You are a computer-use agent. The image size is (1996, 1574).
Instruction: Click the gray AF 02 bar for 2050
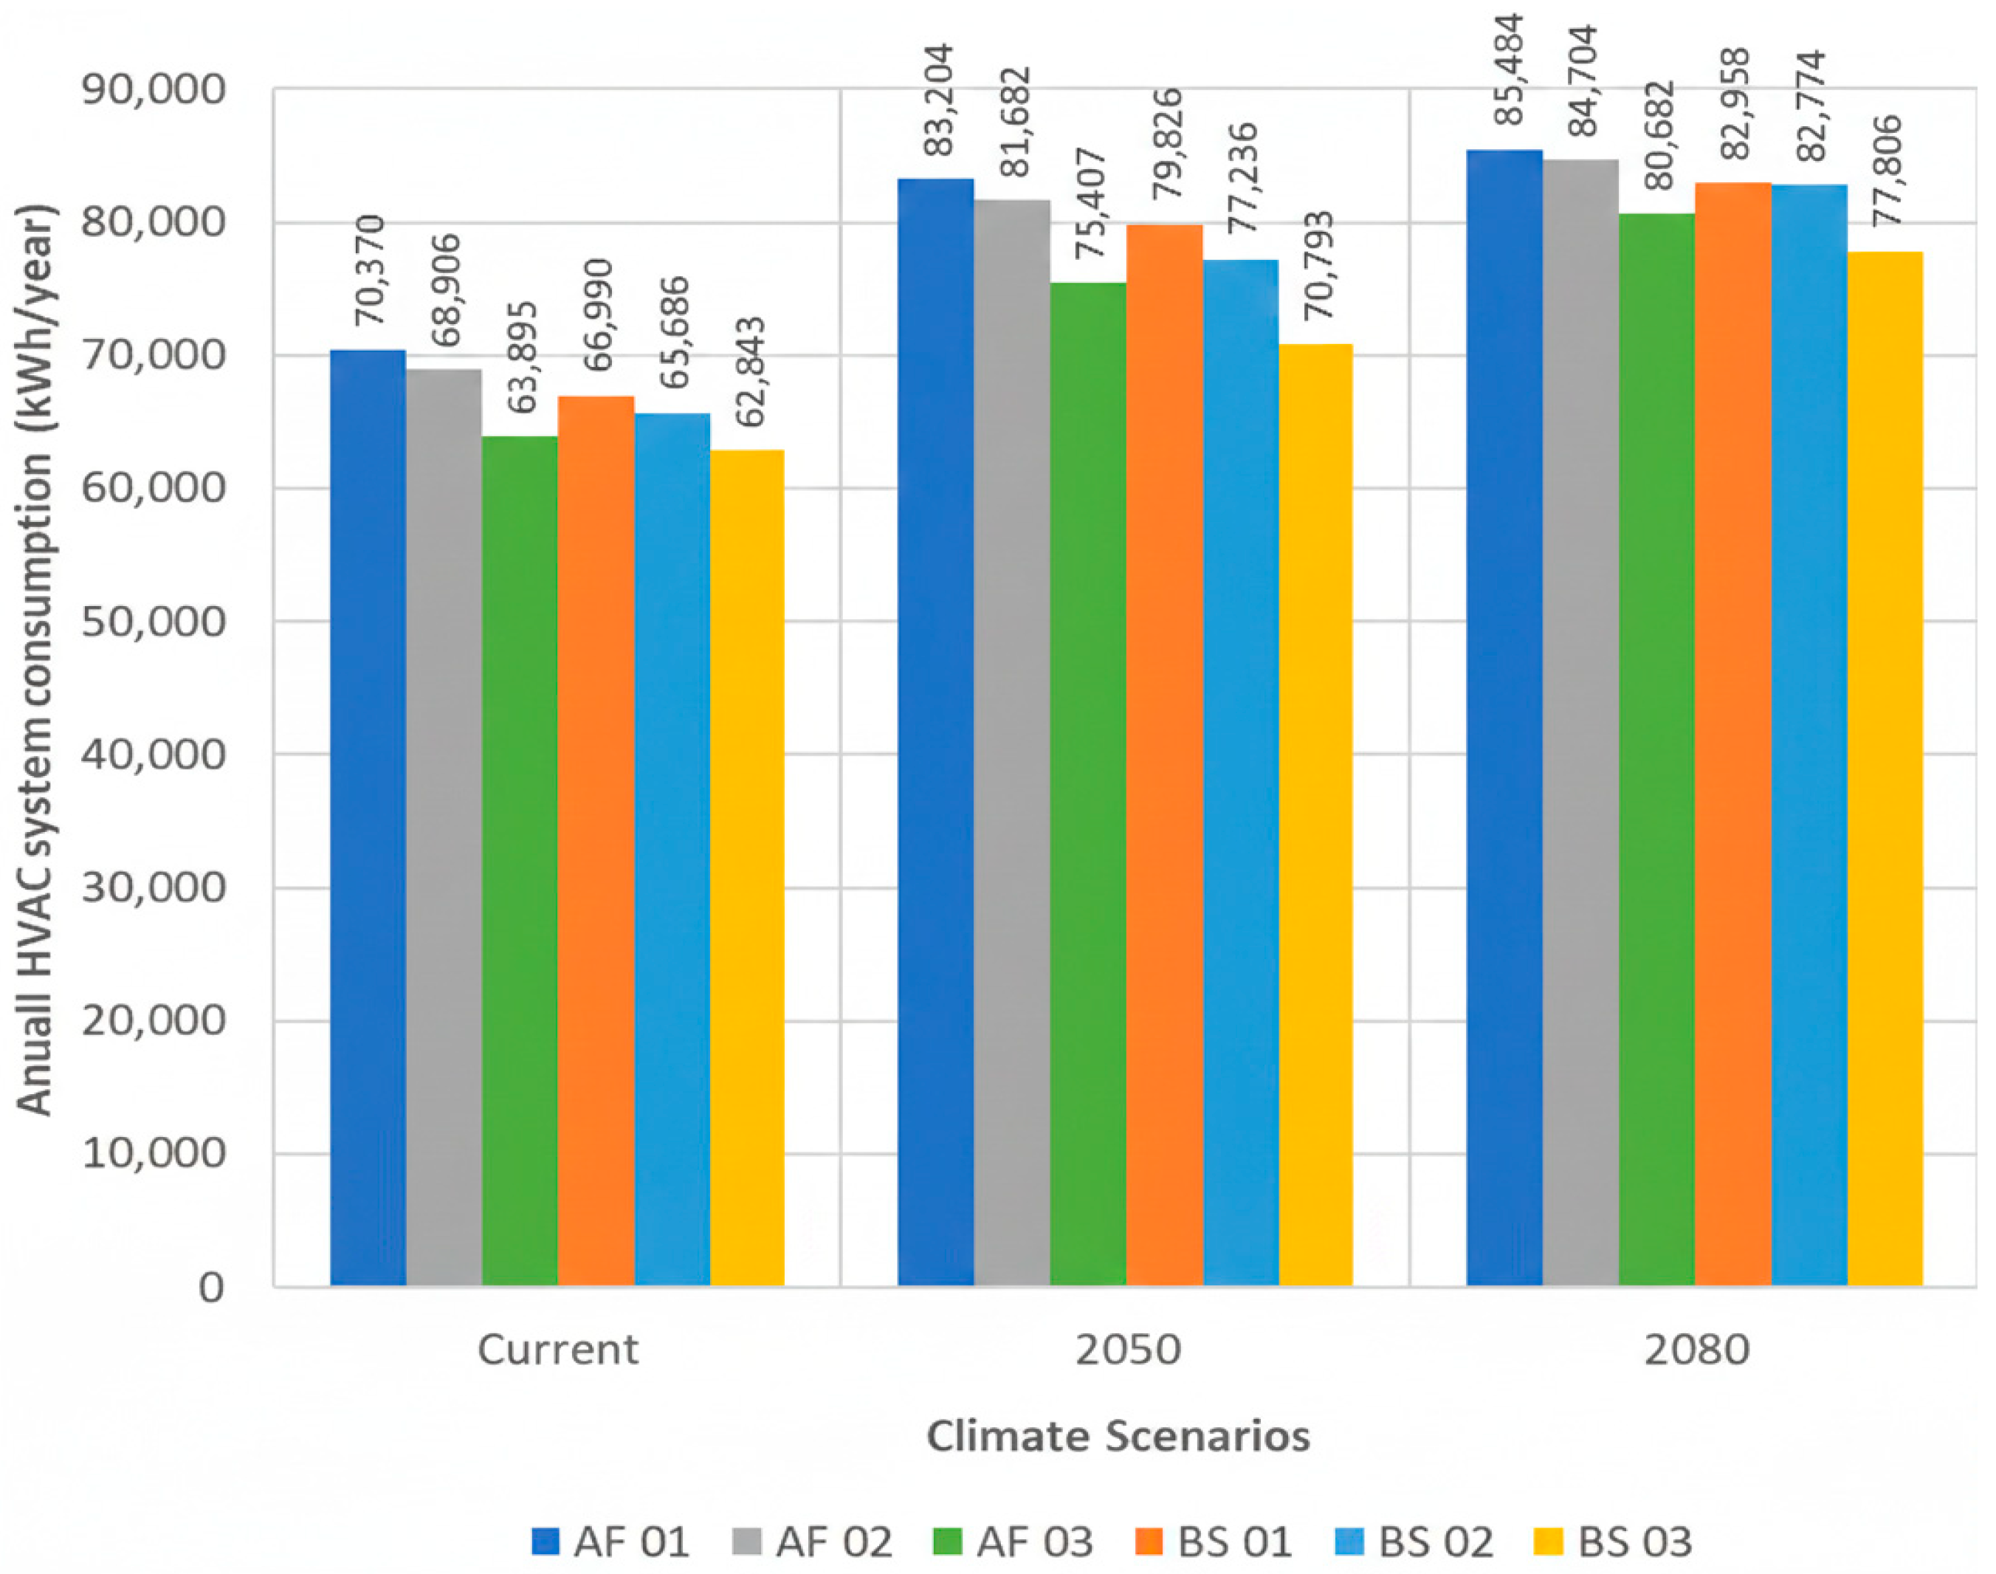click(1012, 743)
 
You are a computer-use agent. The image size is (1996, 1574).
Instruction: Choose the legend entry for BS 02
click(1414, 1542)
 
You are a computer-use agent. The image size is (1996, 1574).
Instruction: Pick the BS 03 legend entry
click(1613, 1542)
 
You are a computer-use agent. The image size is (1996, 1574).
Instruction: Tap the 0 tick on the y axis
click(211, 1288)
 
